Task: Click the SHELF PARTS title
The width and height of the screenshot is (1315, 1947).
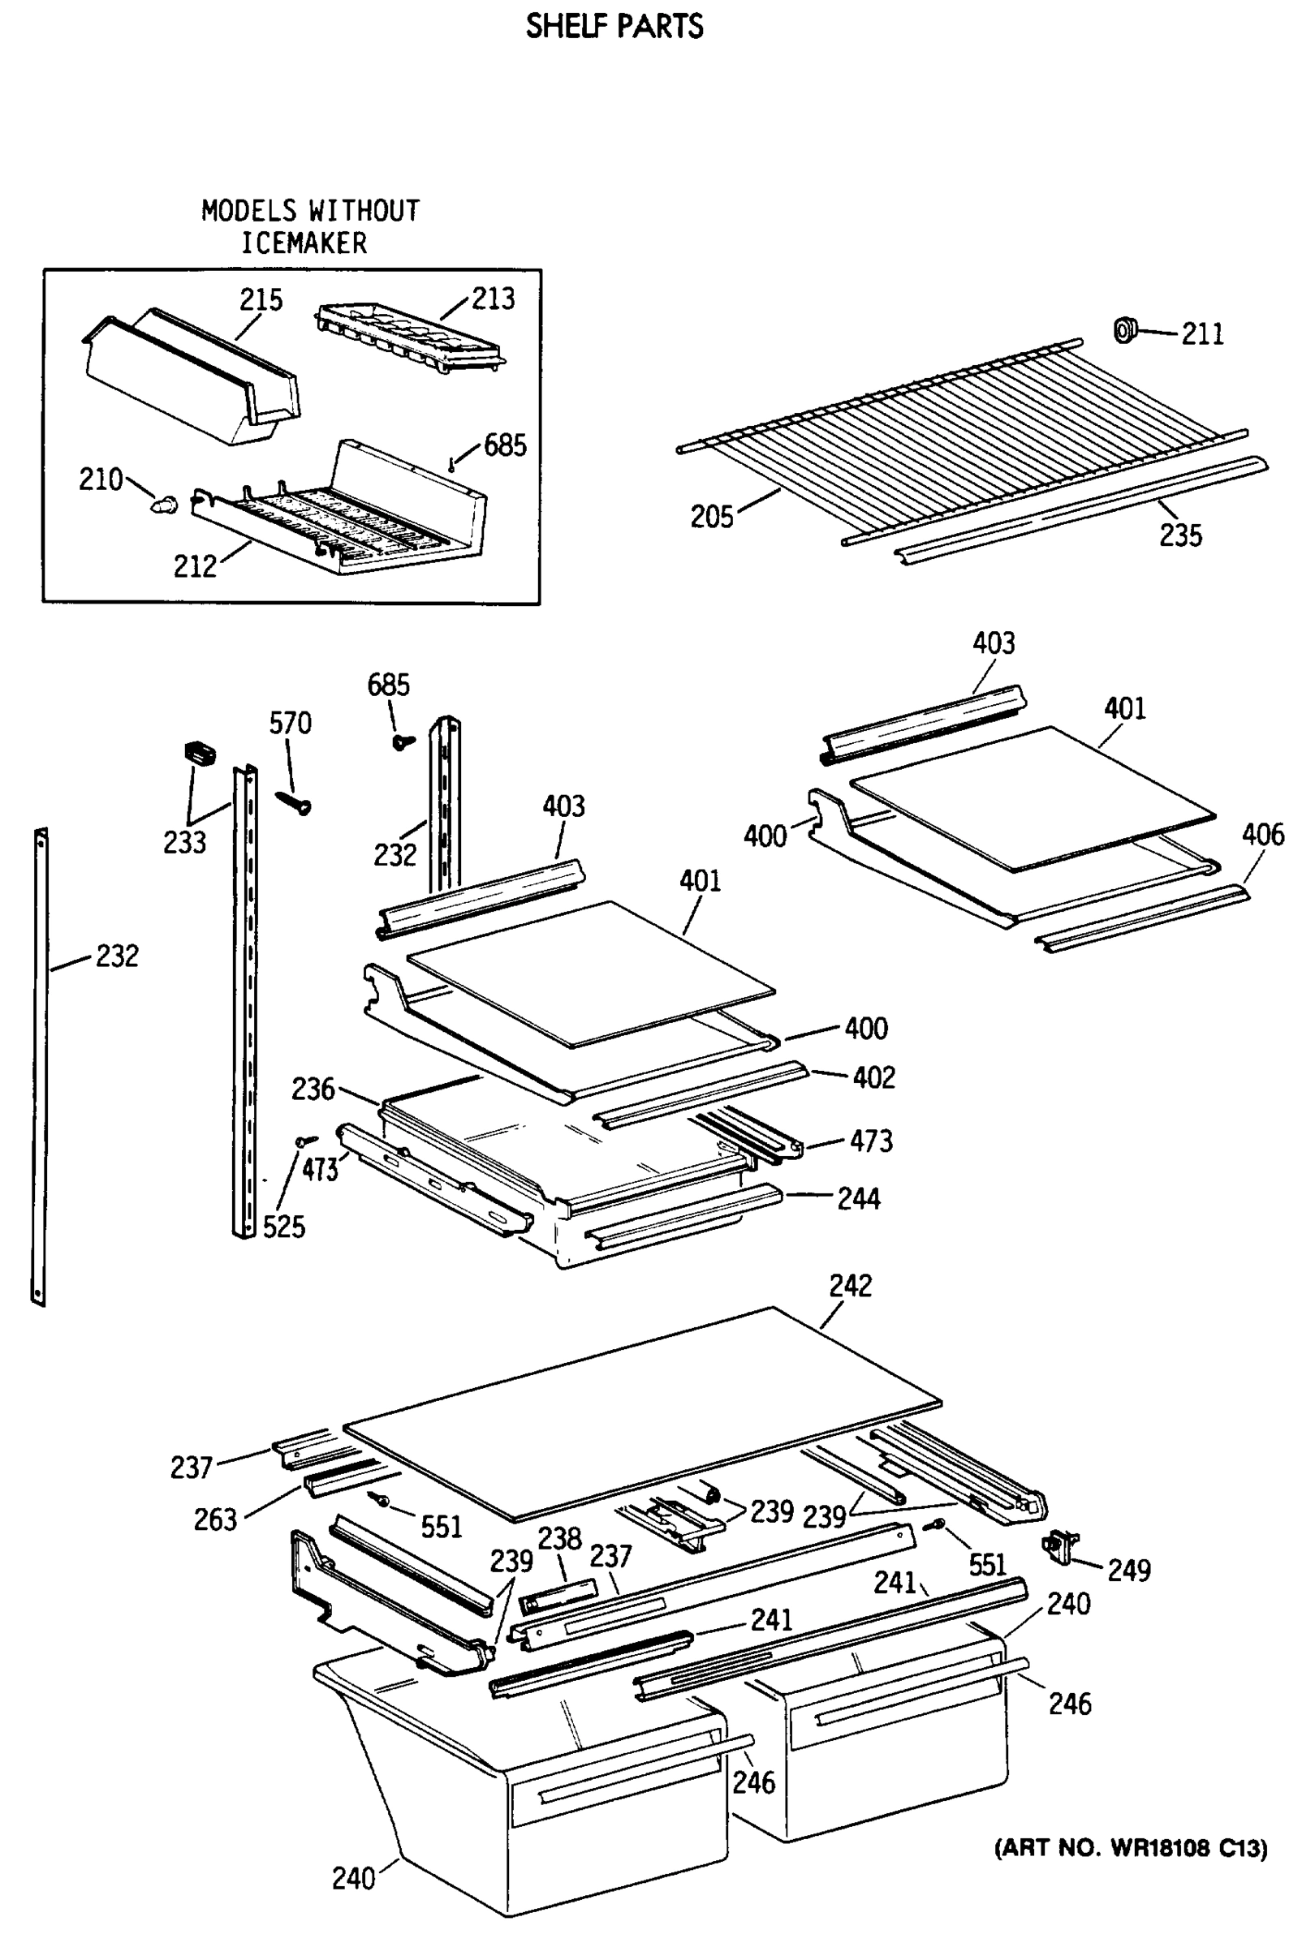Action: (614, 27)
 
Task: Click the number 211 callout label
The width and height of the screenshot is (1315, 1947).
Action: (1202, 334)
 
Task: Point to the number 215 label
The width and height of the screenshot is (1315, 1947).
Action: (261, 300)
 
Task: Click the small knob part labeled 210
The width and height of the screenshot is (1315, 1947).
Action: (165, 505)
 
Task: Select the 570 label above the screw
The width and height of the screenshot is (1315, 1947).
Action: (290, 723)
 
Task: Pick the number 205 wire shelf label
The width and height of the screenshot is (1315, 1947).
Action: (712, 517)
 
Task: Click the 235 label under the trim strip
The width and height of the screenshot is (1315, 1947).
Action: (1180, 535)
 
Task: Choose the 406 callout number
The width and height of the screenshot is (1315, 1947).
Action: (1262, 835)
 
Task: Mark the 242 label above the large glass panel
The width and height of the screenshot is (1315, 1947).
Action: (850, 1286)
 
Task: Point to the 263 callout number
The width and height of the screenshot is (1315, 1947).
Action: (215, 1519)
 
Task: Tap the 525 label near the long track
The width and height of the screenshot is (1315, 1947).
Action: (283, 1227)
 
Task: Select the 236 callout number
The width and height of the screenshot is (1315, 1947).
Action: (313, 1090)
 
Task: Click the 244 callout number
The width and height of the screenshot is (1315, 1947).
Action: (858, 1199)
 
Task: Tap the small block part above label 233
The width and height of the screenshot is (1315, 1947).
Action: (200, 752)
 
